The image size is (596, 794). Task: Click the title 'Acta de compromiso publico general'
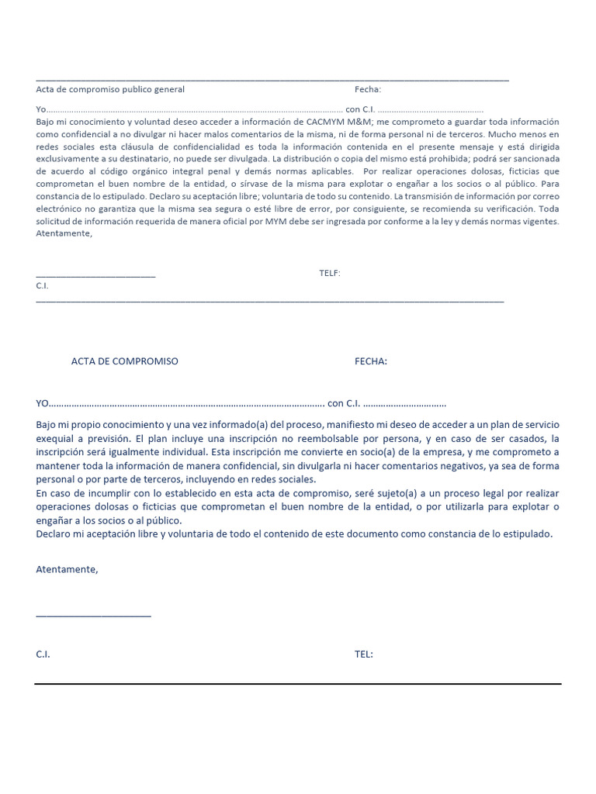point(110,89)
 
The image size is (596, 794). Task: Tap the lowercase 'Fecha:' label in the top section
point(368,89)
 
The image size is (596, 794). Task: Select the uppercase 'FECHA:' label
point(371,361)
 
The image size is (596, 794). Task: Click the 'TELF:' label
point(330,273)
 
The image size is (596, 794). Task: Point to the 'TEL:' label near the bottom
point(364,654)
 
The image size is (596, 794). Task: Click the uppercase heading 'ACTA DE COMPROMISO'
point(125,361)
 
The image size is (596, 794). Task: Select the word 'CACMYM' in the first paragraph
point(324,122)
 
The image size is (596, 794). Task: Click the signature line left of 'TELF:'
point(95,276)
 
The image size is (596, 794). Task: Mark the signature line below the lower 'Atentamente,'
point(93,616)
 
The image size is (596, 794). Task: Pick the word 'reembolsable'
point(341,438)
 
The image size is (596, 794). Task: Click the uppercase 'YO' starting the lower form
point(43,403)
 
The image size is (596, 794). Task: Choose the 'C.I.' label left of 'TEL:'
point(43,654)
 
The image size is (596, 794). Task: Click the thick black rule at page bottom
point(297,684)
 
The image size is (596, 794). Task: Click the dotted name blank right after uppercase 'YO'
point(186,404)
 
